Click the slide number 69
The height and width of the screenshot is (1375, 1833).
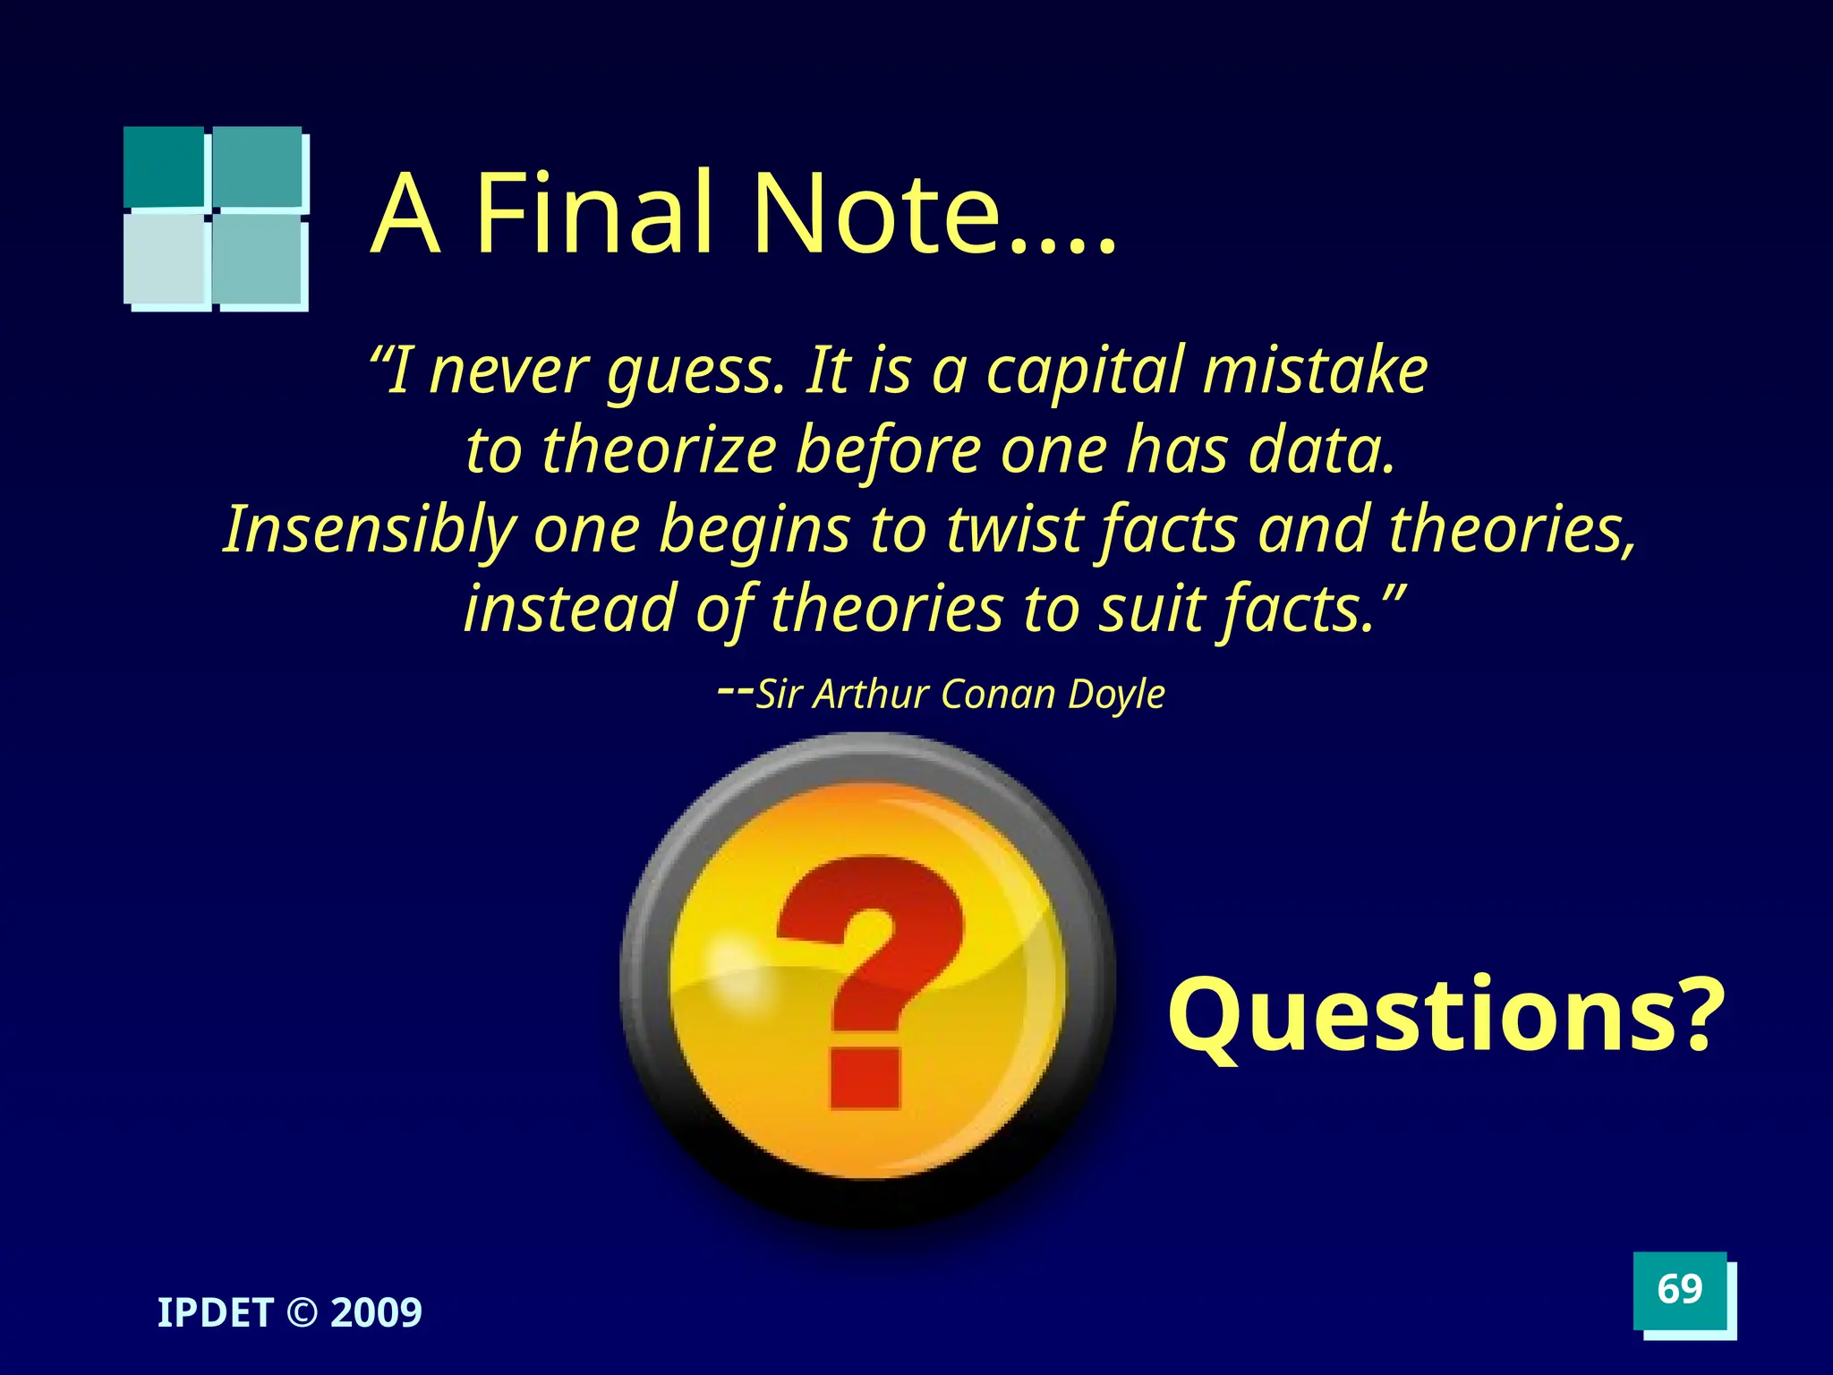tap(1679, 1289)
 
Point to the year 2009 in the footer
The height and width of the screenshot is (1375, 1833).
tap(376, 1313)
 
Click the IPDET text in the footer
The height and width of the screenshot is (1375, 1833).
tap(215, 1313)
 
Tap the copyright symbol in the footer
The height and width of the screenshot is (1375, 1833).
tap(303, 1313)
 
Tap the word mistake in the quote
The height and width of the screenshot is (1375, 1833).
tap(1316, 371)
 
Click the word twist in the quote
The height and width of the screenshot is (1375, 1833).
tap(1015, 530)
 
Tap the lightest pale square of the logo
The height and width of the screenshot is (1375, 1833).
tap(166, 260)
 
